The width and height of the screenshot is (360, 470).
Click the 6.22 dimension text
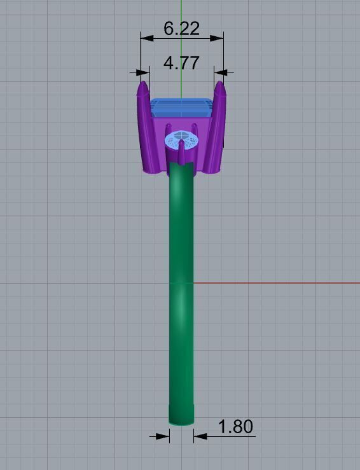pos(181,29)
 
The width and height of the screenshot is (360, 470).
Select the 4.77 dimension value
pos(181,63)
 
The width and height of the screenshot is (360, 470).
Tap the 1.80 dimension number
pos(235,427)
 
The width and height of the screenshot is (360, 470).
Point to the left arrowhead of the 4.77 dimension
pos(135,73)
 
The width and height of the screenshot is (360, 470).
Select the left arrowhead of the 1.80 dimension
pos(164,436)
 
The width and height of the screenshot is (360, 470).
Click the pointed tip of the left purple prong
pos(142,83)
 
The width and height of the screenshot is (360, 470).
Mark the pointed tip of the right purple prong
pos(220,83)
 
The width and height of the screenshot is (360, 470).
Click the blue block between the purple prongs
pos(181,108)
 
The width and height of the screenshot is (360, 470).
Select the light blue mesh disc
pos(181,139)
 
